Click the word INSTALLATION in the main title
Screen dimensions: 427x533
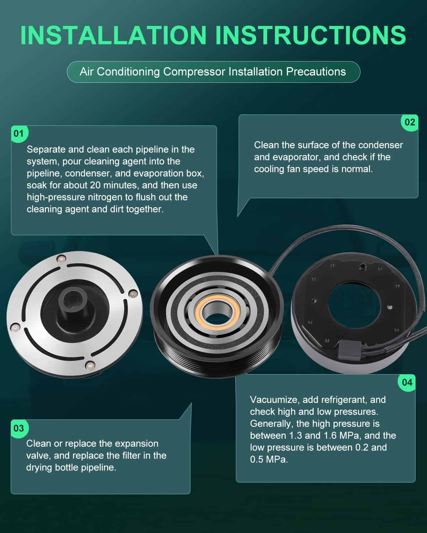[x=114, y=35]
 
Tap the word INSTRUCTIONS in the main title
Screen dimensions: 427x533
[x=311, y=35]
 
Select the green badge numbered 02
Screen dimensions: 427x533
[x=410, y=123]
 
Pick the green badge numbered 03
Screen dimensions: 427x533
[x=20, y=428]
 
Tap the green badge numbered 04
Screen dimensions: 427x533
[x=407, y=383]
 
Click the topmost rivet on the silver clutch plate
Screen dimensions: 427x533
[x=61, y=259]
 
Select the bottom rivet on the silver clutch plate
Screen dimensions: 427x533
[x=90, y=365]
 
